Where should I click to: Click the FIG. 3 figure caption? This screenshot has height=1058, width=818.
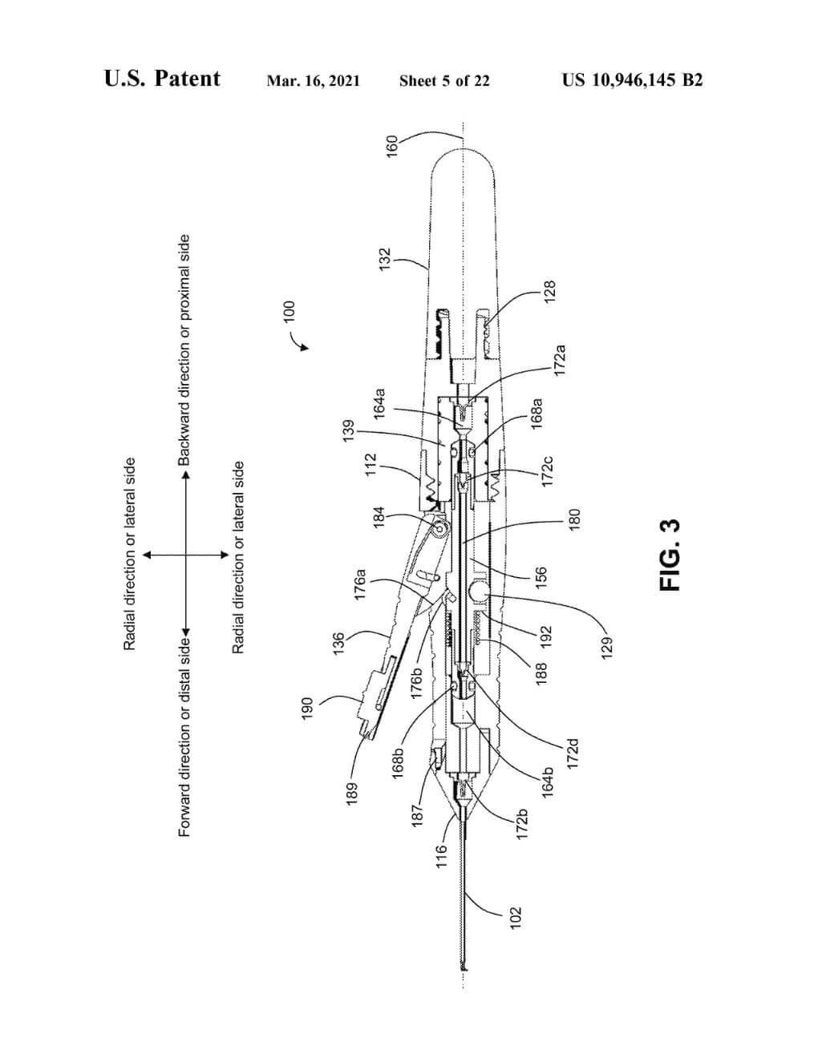tap(670, 555)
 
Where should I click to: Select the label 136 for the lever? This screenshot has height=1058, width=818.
tap(338, 644)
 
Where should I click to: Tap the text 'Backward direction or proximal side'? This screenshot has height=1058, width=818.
tap(184, 350)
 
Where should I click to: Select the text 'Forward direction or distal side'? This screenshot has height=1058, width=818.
tap(184, 737)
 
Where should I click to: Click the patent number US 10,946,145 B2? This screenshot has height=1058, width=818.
tap(632, 80)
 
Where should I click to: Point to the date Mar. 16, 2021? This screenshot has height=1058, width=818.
tap(313, 81)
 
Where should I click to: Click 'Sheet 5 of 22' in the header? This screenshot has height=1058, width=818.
tap(444, 81)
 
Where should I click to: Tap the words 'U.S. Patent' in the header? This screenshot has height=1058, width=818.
tap(162, 79)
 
